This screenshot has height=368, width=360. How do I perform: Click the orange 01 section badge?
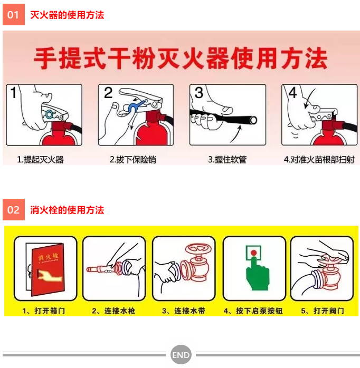pos(14,15)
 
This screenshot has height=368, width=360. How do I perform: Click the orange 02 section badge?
pos(14,210)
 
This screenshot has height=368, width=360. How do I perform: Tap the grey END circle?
pos(181,355)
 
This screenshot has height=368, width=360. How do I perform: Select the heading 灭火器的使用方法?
pos(67,15)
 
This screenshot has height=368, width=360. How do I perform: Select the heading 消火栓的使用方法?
pos(67,210)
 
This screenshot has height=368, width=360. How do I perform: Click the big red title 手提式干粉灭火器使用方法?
pos(181,58)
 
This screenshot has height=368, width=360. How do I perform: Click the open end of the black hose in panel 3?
pos(253,120)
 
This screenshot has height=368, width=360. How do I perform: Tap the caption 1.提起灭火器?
pos(41,160)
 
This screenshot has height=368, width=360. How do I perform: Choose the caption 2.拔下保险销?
pos(133,160)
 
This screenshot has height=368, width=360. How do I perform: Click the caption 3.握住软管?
pos(227,160)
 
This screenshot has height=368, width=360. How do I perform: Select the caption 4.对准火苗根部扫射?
pos(319,160)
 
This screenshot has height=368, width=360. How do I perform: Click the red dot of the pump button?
pos(253,253)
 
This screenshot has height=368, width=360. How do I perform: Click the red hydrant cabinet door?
pos(48,269)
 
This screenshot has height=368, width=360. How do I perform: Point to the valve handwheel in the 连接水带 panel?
pos(198,248)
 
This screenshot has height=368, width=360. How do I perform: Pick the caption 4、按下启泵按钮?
pos(253,311)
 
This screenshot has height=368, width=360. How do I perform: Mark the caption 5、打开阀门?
pos(323,311)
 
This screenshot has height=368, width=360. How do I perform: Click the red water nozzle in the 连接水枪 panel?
pos(101,269)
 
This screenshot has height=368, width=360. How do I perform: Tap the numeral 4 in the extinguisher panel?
pos(292,93)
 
